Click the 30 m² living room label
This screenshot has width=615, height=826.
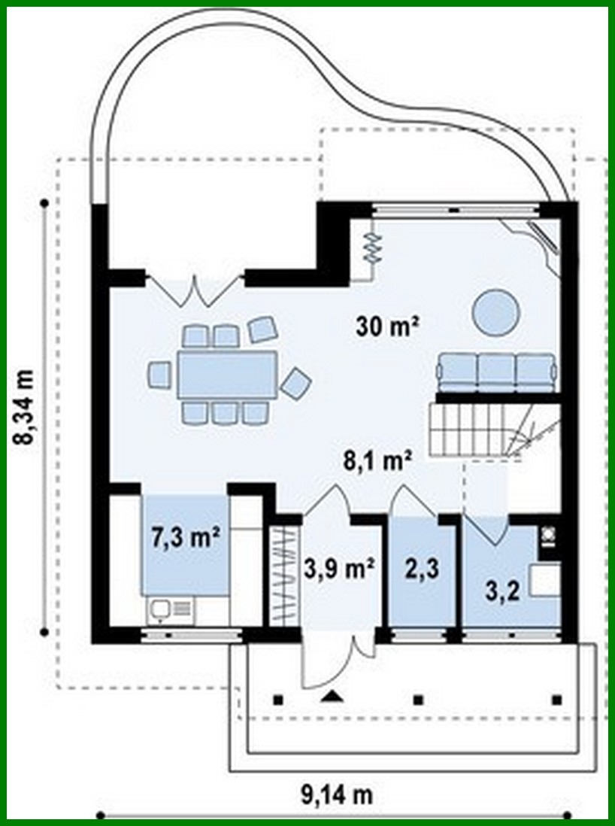[x=386, y=326]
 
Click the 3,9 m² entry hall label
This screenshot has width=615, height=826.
[x=339, y=569]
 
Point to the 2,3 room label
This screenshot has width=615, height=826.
[x=421, y=568]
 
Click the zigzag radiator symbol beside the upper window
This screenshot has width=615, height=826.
[x=371, y=246]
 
